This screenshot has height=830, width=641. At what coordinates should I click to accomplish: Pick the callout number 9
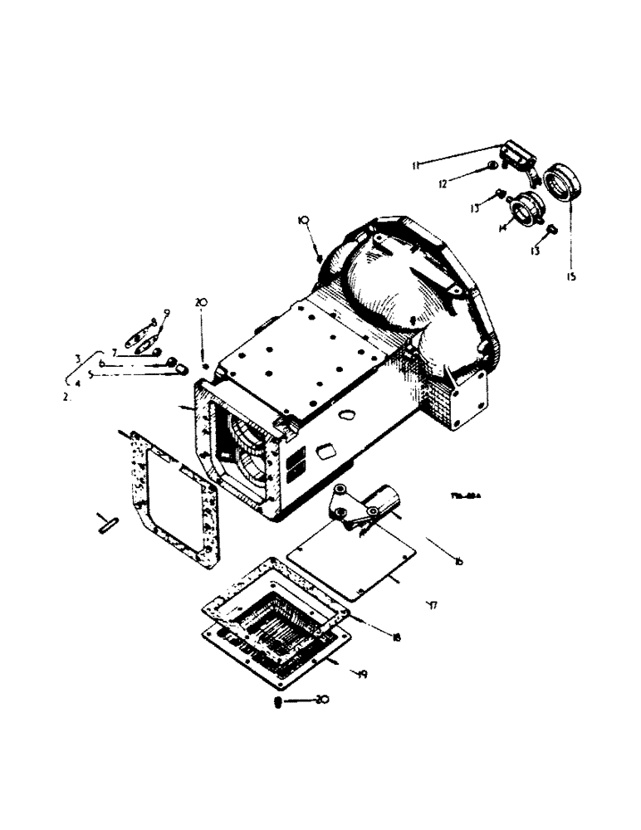166,313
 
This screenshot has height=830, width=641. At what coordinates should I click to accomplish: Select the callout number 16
459,563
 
